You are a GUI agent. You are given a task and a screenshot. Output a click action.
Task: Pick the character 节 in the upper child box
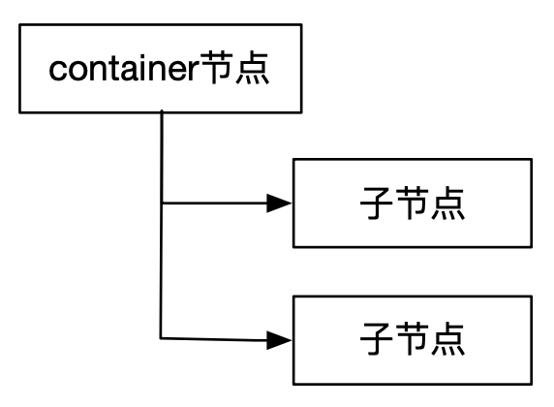[x=412, y=205]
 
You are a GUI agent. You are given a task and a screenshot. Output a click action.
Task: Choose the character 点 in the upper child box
[x=449, y=205]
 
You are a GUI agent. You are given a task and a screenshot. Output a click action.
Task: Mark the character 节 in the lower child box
[x=412, y=339]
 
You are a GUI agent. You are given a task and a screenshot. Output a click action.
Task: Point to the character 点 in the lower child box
[x=449, y=339]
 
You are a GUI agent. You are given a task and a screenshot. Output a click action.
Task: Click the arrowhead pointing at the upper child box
[x=279, y=203]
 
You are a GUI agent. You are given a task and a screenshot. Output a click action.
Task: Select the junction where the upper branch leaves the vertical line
[x=162, y=203]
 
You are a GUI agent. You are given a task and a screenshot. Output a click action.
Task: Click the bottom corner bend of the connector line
[x=162, y=338]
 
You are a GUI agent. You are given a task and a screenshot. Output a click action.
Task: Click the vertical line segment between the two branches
[x=162, y=271]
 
